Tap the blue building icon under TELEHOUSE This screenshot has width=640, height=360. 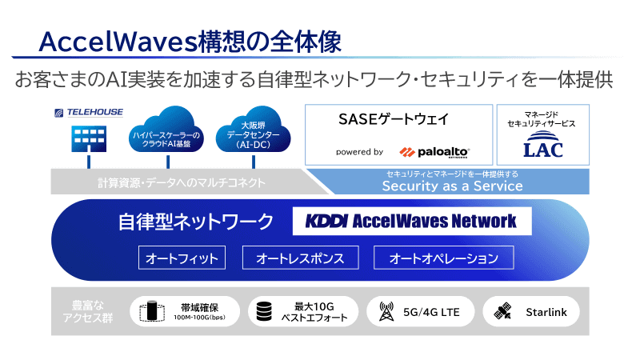(x=89, y=138)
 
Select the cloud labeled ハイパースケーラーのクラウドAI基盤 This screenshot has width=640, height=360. (x=166, y=130)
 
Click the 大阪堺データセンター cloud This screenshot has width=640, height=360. (x=253, y=130)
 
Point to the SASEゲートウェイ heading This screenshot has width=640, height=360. (x=394, y=119)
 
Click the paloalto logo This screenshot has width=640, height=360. (x=434, y=152)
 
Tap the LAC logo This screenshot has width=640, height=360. (x=543, y=145)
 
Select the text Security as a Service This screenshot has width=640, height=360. (x=452, y=186)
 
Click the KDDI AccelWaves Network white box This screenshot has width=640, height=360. (x=412, y=221)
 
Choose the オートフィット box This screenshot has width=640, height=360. (x=182, y=258)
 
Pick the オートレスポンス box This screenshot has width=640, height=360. (x=301, y=258)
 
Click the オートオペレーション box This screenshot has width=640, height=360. (x=444, y=258)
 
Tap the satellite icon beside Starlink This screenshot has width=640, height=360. (x=502, y=311)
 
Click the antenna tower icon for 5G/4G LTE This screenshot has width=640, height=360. (x=386, y=311)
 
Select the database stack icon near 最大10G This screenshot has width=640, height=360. (x=264, y=311)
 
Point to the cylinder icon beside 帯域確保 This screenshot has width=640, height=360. (x=152, y=311)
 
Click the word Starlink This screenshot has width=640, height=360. (x=546, y=312)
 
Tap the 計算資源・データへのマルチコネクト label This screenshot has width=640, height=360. (x=182, y=182)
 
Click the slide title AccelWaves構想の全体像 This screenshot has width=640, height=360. (x=190, y=42)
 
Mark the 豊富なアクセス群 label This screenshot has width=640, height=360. (x=88, y=311)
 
